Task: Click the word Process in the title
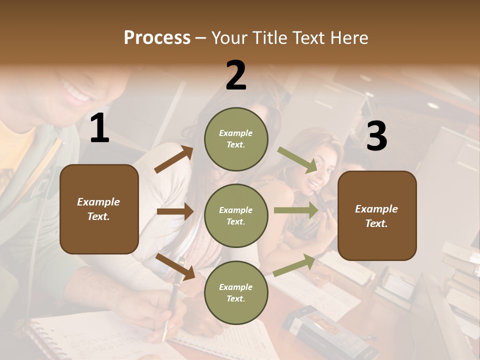pyautogui.click(x=157, y=38)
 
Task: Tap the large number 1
pyautogui.click(x=99, y=129)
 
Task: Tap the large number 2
pyautogui.click(x=236, y=75)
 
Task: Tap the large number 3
pyautogui.click(x=376, y=136)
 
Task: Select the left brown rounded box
pyautogui.click(x=99, y=209)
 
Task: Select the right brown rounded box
pyautogui.click(x=377, y=215)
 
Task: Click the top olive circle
pyautogui.click(x=236, y=139)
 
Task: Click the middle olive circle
pyautogui.click(x=236, y=215)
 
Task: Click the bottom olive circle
pyautogui.click(x=236, y=292)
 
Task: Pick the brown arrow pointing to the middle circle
pyautogui.click(x=175, y=211)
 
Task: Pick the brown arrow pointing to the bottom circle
pyautogui.click(x=175, y=266)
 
